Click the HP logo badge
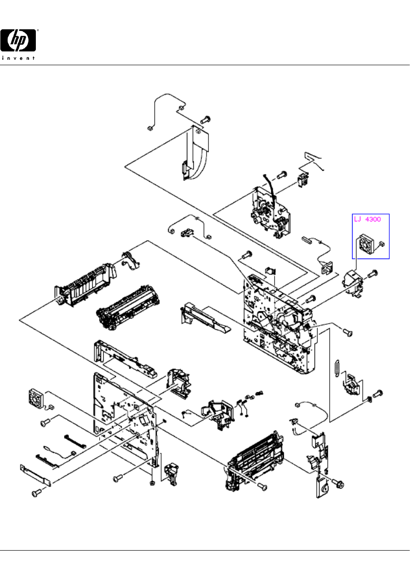click(19, 40)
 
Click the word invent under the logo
click(19, 58)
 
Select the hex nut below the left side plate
click(152, 483)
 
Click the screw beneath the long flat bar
click(36, 493)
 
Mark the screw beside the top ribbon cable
click(205, 119)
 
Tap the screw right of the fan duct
click(373, 273)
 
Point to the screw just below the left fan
click(45, 422)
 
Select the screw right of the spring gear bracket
click(379, 394)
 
